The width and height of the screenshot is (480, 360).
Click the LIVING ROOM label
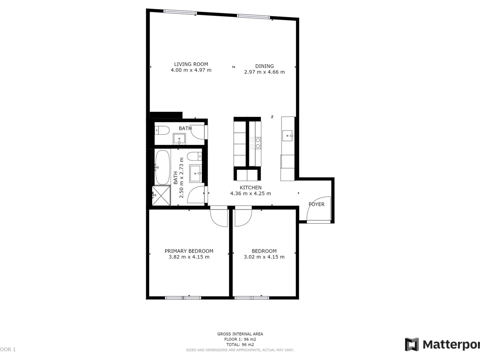pos(191,64)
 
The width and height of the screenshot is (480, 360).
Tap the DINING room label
pos(264,66)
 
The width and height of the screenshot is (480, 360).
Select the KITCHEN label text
pos(250,187)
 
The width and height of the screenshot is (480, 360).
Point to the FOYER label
pos(316,204)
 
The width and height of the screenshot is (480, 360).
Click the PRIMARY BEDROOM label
pos(189,251)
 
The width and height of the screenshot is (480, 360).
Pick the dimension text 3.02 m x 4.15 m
pos(264,257)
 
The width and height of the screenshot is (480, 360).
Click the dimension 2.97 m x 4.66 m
pos(264,72)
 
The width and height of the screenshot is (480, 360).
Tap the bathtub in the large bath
pos(162,167)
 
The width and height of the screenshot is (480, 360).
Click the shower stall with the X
pos(161,196)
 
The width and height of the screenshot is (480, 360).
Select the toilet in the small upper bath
pos(162,130)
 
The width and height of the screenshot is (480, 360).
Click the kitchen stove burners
pos(255,143)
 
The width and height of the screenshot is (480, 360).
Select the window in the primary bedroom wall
pos(183,298)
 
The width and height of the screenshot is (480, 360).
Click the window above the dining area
pos(254,17)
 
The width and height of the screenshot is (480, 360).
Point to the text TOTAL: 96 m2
pos(240,344)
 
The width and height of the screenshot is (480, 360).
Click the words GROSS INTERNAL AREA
pos(240,334)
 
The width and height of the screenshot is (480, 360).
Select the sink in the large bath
pos(195,173)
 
